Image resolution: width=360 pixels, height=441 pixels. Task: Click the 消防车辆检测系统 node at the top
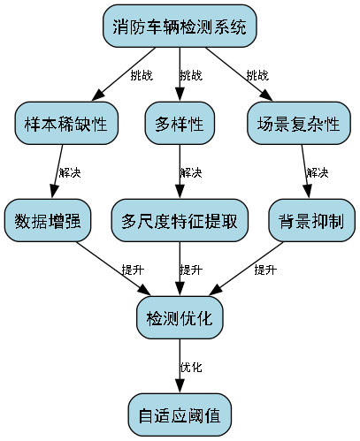pyautogui.click(x=180, y=27)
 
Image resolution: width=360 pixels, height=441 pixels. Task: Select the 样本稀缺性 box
pyautogui.click(x=66, y=124)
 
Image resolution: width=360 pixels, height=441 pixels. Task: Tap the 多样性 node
pyautogui.click(x=180, y=124)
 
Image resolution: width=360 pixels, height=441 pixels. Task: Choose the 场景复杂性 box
pyautogui.click(x=293, y=124)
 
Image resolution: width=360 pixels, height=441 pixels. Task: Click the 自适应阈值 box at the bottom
pyautogui.click(x=180, y=414)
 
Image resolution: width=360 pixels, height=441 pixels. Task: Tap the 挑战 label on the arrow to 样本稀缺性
pyautogui.click(x=141, y=75)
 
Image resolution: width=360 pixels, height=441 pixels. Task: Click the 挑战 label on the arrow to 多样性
pyautogui.click(x=190, y=75)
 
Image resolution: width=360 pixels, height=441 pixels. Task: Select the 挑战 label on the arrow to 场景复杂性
pyautogui.click(x=257, y=75)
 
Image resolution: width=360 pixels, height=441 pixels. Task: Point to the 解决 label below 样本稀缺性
pyautogui.click(x=70, y=172)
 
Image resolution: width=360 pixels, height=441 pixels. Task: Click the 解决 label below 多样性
pyautogui.click(x=190, y=172)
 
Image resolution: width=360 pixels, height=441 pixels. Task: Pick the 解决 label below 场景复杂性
pyautogui.click(x=317, y=172)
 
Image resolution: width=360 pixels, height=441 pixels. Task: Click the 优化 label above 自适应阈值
pyautogui.click(x=190, y=367)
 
